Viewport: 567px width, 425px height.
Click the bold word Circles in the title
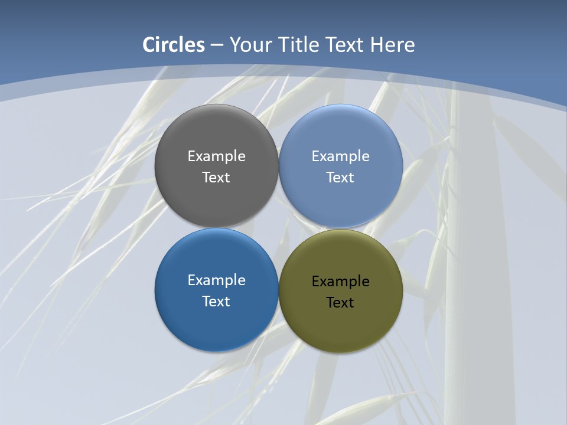[x=174, y=45]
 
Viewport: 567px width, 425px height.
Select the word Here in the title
[x=393, y=45]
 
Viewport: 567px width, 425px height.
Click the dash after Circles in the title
[x=217, y=45]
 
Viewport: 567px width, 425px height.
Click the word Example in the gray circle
[x=216, y=156]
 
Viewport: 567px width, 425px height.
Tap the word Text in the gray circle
[x=216, y=178]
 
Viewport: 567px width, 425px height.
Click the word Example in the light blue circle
[x=341, y=156]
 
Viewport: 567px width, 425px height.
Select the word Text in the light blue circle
[x=341, y=178]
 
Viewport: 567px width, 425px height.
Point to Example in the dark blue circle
[x=216, y=280]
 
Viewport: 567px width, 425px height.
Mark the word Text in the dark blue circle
[x=216, y=302]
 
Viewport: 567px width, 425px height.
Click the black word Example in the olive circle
[x=341, y=282]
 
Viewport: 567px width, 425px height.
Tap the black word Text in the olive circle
[x=341, y=303]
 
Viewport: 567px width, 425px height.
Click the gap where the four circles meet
[x=279, y=228]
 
